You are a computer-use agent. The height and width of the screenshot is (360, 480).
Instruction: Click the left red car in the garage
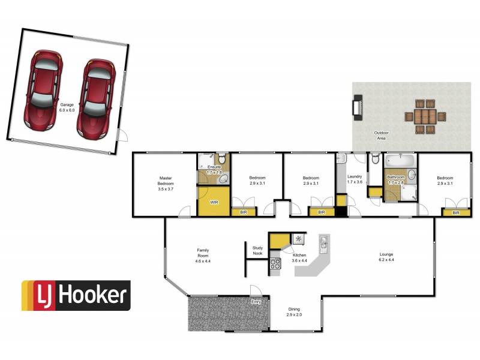[x=44, y=89]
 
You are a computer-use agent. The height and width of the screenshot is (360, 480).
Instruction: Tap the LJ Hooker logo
[x=76, y=296]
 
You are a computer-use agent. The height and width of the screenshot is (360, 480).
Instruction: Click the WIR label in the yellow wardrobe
[x=214, y=202]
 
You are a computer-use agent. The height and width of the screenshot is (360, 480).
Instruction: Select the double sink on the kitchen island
[x=323, y=243]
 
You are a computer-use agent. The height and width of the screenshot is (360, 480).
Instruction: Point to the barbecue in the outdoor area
[x=356, y=108]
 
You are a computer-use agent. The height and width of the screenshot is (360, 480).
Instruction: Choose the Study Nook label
[x=257, y=251]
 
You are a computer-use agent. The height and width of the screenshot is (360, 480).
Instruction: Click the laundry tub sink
[x=341, y=159]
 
